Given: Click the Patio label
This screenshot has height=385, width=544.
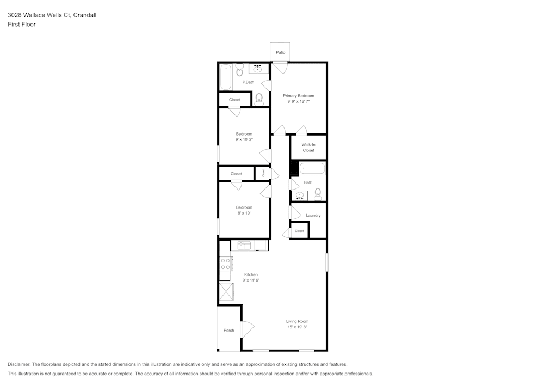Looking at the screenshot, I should click(280, 52).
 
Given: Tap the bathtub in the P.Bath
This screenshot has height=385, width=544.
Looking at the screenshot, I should click(226, 77).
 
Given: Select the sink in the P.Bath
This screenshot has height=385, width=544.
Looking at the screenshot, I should click(258, 69).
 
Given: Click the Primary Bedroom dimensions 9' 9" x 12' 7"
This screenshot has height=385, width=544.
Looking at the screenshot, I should click(298, 101).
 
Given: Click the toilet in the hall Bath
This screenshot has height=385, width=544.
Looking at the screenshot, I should click(318, 194).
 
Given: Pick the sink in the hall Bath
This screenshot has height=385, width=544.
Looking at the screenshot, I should click(299, 195).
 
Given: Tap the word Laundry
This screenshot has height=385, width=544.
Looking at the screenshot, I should click(313, 216).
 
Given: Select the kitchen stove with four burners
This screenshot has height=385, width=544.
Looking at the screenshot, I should click(225, 264).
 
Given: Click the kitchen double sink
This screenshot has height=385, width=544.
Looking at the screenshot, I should click(244, 246).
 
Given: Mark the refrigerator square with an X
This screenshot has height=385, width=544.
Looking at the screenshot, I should click(226, 292).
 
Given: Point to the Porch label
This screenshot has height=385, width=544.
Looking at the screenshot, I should click(229, 331).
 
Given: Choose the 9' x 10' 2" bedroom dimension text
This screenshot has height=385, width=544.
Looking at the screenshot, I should click(244, 139).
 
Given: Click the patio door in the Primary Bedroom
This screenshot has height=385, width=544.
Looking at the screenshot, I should click(280, 68).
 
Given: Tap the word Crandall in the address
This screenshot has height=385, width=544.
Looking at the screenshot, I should click(85, 15).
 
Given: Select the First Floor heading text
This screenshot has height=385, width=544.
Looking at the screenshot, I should click(22, 25).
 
